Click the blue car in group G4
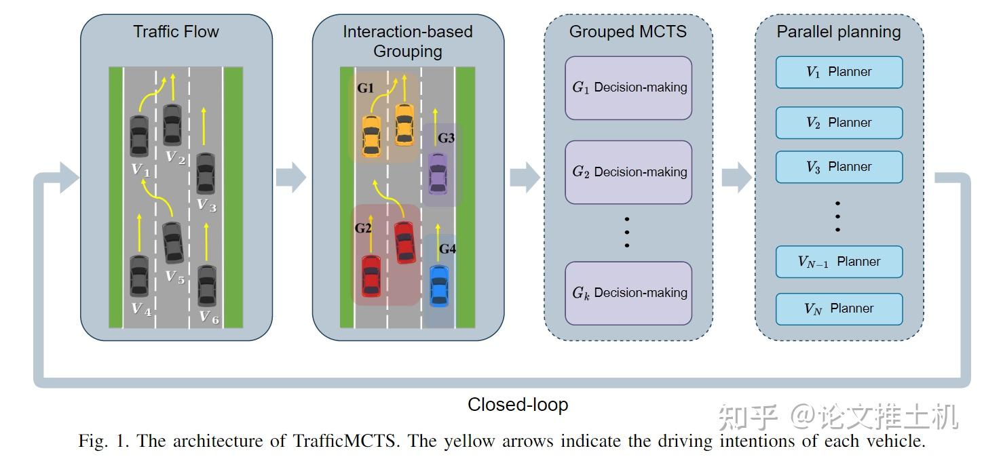point(439,285)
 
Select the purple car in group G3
point(438,172)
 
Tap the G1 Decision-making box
point(628,87)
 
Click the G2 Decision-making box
point(628,172)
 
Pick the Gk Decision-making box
point(628,293)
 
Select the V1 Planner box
point(839,72)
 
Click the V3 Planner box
point(839,167)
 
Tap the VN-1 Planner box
point(839,262)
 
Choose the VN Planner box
point(839,309)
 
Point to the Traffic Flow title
point(176,32)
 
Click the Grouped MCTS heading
point(628,32)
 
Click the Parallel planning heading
point(839,32)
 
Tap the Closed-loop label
point(518,405)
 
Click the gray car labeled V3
point(206,174)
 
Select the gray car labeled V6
point(207,285)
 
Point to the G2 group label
point(363,228)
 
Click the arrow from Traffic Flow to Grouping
point(291,178)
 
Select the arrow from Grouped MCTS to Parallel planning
point(736,178)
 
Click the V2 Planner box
point(839,123)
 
